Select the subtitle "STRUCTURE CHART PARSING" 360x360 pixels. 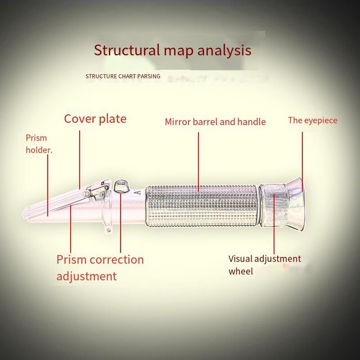click(x=123, y=76)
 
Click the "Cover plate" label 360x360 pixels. click(x=95, y=119)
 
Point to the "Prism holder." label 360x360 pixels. click(x=39, y=144)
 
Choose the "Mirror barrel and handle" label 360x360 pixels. click(x=215, y=121)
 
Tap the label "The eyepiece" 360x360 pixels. click(x=312, y=120)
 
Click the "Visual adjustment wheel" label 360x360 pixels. click(x=264, y=265)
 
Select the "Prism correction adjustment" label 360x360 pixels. click(x=100, y=267)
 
